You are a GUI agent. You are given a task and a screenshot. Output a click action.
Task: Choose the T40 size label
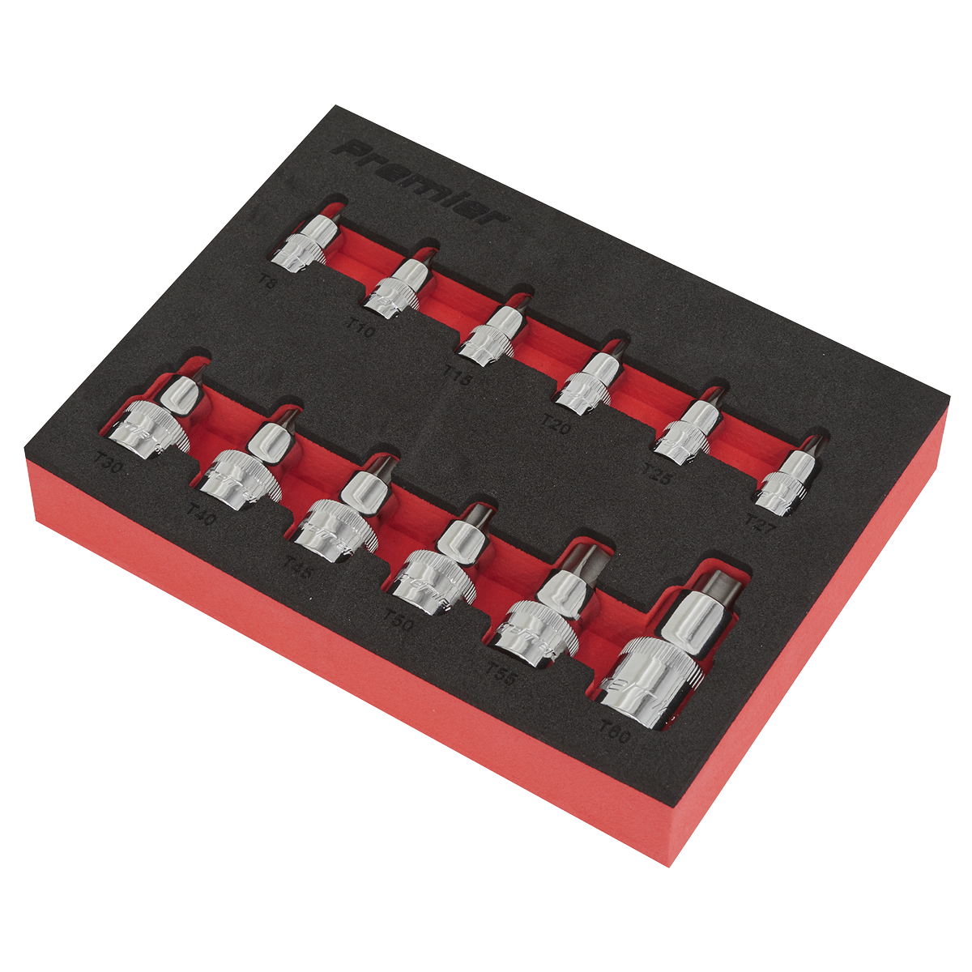click(x=200, y=513)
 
